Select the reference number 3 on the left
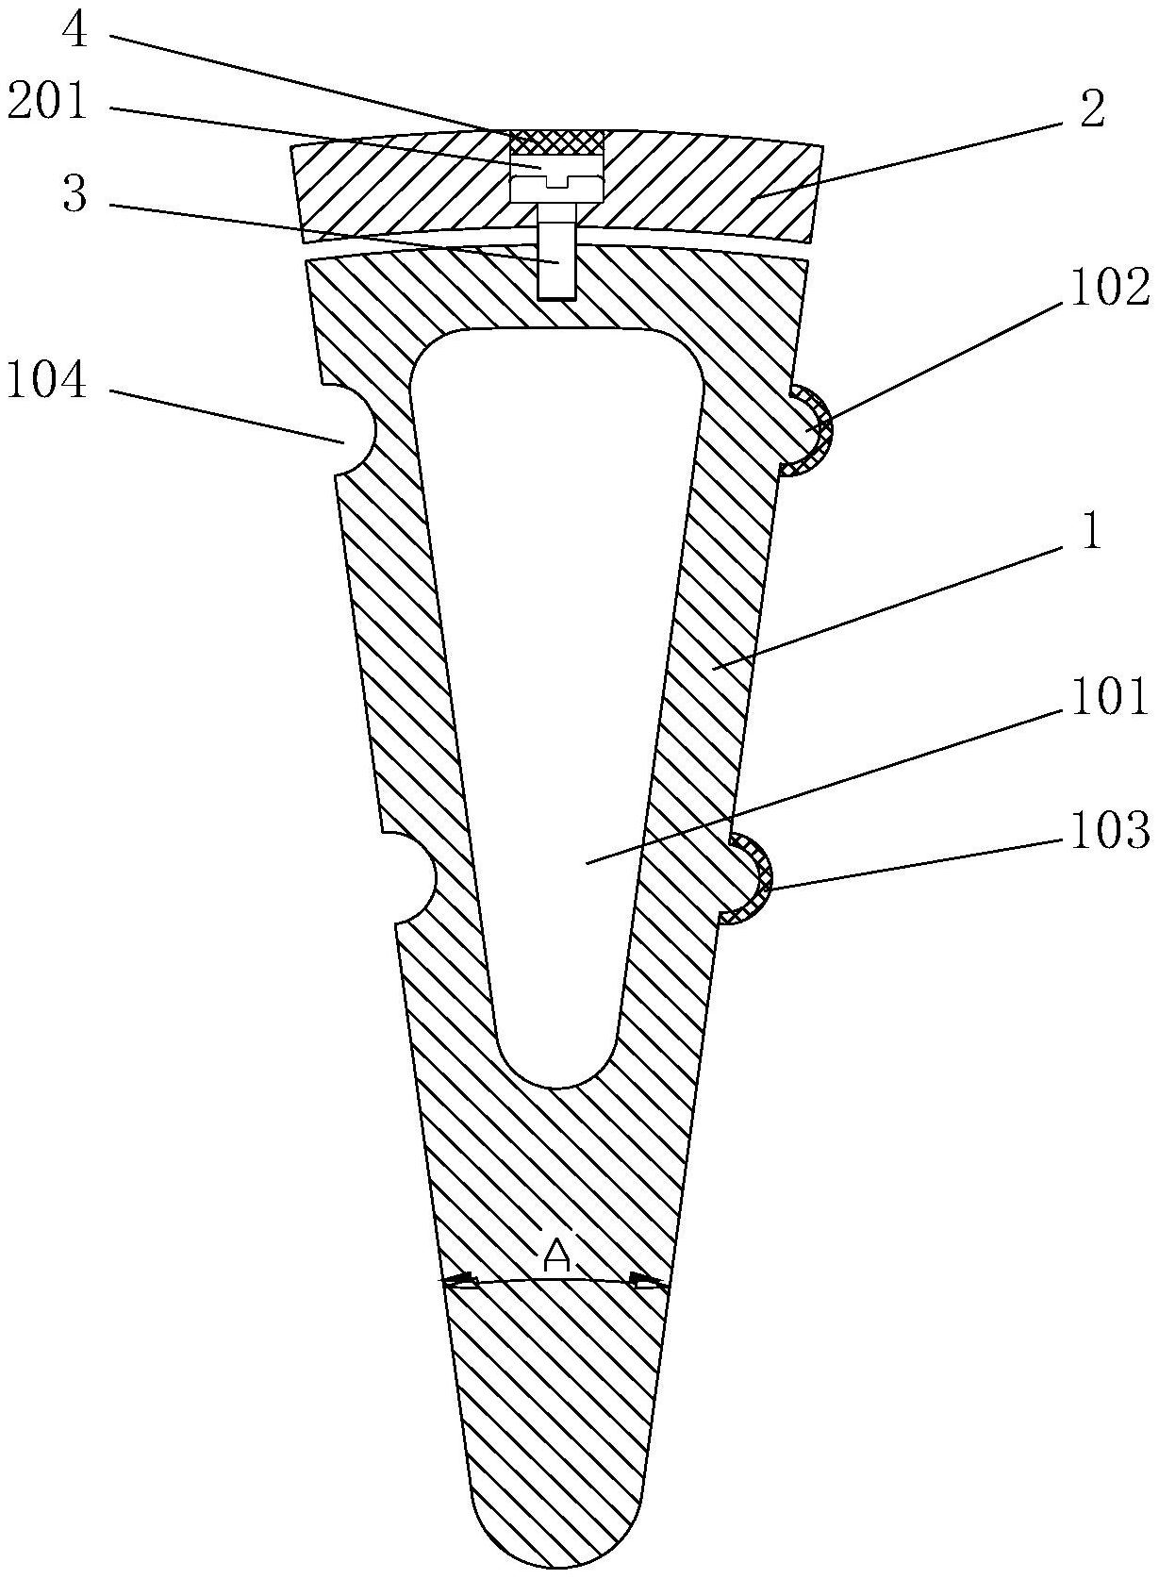coord(75,197)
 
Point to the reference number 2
coord(1091,110)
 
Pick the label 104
coord(47,382)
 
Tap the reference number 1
coord(1091,535)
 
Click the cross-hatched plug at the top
coord(556,142)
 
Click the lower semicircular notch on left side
coord(417,878)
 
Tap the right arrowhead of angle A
coord(651,1280)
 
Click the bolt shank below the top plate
coord(556,259)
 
